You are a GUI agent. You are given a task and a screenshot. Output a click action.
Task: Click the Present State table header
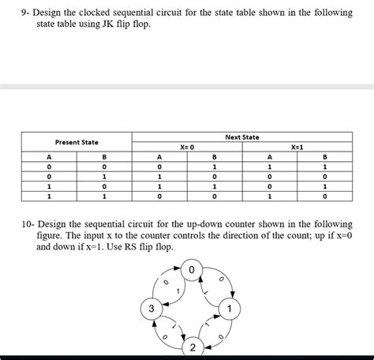77,142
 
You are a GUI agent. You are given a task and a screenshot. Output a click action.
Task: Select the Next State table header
242,137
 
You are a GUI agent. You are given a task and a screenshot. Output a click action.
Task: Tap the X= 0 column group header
187,148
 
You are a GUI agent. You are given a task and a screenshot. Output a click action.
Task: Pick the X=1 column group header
297,148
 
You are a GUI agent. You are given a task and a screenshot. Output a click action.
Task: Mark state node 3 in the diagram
155,307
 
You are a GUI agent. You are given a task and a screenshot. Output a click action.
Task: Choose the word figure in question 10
53,234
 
